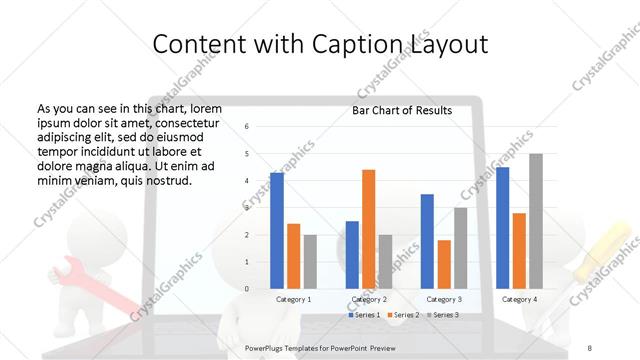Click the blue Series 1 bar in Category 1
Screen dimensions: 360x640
[x=277, y=231]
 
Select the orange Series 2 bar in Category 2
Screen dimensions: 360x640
[x=368, y=229]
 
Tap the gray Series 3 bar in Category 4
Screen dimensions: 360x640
[x=536, y=221]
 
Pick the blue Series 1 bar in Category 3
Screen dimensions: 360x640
[x=427, y=241]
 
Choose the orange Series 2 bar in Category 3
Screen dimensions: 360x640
[x=444, y=264]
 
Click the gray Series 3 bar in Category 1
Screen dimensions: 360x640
[x=310, y=262]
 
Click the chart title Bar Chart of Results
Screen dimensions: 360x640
[x=401, y=110]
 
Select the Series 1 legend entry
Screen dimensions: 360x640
[x=364, y=315]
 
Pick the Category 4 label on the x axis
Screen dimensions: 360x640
[x=519, y=299]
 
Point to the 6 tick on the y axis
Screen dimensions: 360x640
[x=247, y=127]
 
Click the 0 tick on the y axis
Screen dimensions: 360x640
[x=247, y=289]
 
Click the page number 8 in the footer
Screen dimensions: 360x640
[x=590, y=347]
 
